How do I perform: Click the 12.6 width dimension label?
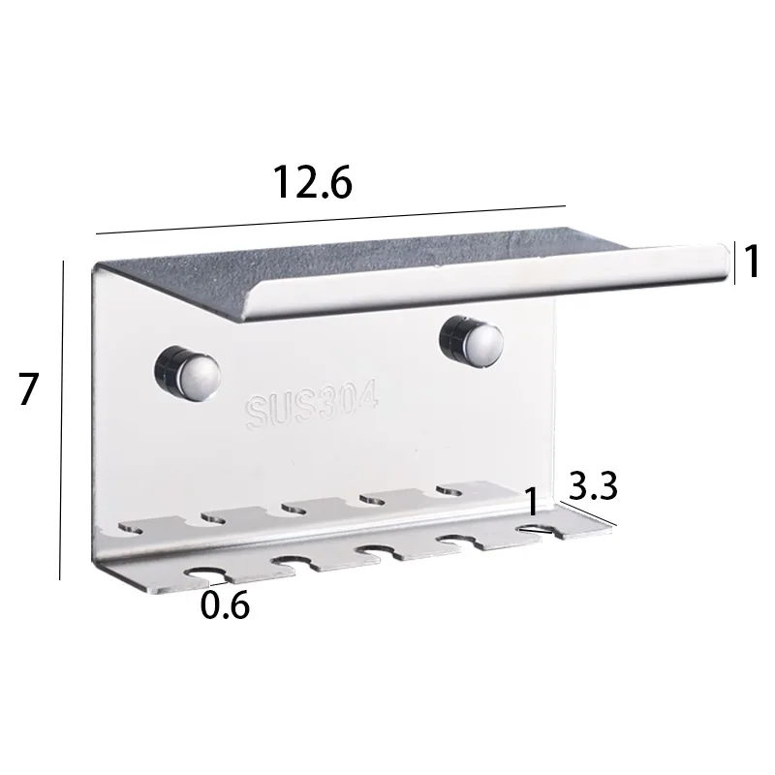(312, 181)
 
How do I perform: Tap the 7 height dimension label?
(28, 389)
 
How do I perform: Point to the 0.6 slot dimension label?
(225, 605)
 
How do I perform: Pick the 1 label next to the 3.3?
(532, 501)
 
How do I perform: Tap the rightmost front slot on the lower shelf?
(535, 529)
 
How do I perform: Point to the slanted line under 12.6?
(329, 219)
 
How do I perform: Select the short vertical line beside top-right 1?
(734, 263)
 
